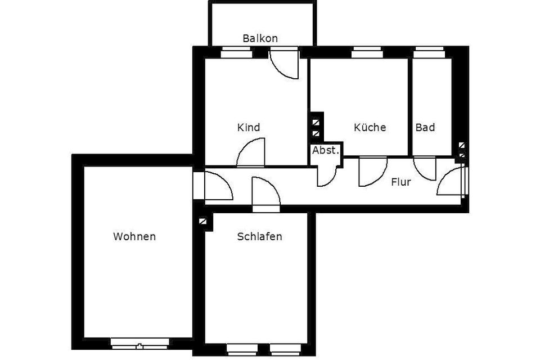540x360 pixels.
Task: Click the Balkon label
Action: (x=260, y=38)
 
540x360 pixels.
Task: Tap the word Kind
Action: (x=249, y=128)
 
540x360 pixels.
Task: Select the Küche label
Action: (x=370, y=128)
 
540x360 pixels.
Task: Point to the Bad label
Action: (x=425, y=128)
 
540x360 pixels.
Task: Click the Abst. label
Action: (x=326, y=150)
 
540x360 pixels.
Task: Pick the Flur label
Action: (x=401, y=182)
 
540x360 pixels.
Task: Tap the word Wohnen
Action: (x=134, y=236)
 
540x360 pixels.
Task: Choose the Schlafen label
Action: (x=259, y=236)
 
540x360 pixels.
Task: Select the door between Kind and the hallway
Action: (x=251, y=154)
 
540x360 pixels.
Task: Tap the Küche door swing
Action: (x=372, y=171)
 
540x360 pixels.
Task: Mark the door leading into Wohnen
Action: (x=216, y=187)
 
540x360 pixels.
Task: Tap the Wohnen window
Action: (x=140, y=341)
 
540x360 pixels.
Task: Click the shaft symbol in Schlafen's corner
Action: (x=202, y=222)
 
